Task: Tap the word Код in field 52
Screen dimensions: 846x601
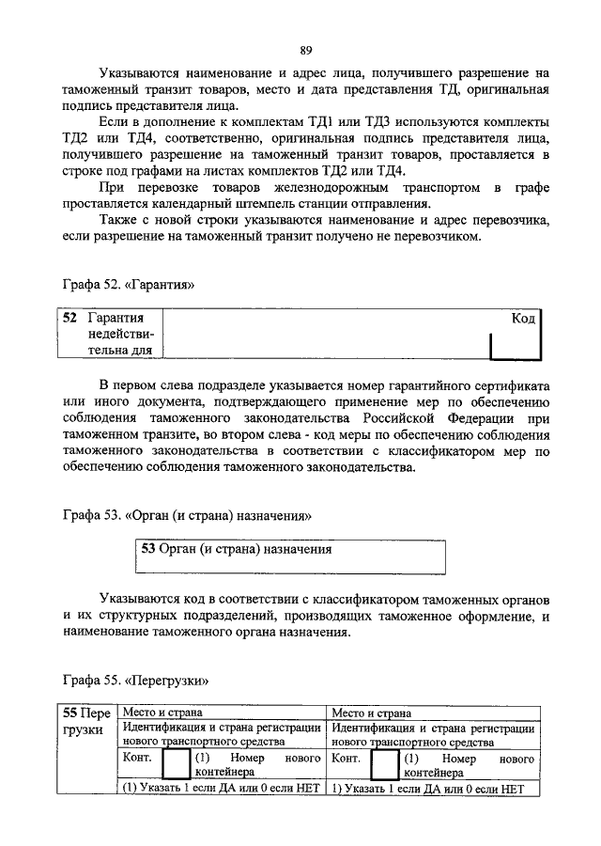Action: point(523,319)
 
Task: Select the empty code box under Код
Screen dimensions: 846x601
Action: point(515,345)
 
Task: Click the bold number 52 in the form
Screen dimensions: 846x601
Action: point(69,319)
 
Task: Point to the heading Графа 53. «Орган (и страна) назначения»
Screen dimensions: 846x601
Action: point(185,515)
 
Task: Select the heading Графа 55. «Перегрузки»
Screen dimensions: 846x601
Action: point(135,680)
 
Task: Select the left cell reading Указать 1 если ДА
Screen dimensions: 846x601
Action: point(222,788)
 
